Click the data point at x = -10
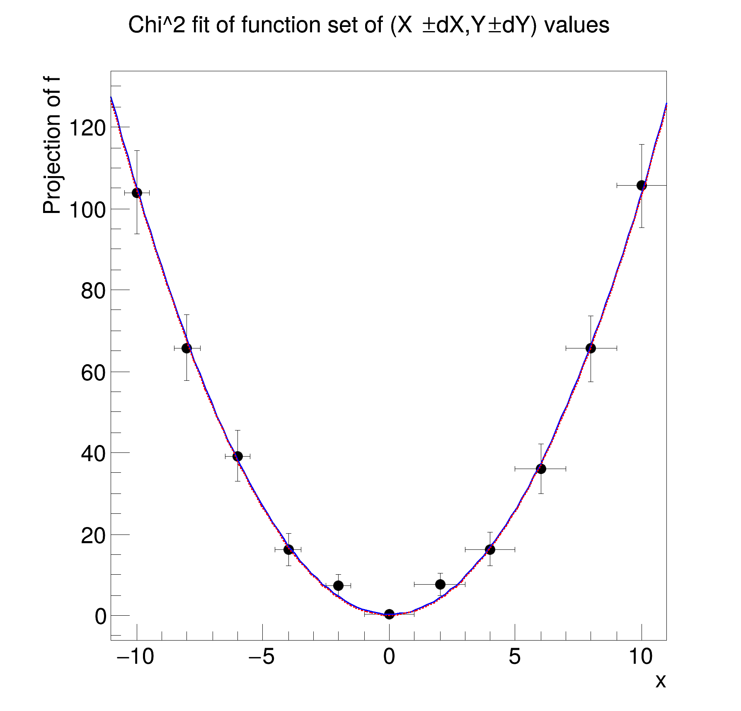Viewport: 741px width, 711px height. [x=137, y=193]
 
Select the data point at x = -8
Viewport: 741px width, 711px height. [x=187, y=348]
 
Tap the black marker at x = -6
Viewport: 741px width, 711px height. [x=237, y=456]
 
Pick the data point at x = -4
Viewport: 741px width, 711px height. [x=288, y=549]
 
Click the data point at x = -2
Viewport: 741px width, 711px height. [x=338, y=585]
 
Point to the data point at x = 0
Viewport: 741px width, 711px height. [x=389, y=614]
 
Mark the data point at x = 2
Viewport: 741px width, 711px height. [x=440, y=584]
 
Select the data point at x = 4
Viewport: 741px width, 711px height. [x=490, y=549]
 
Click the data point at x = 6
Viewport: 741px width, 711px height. [x=541, y=469]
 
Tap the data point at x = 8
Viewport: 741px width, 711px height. [x=591, y=348]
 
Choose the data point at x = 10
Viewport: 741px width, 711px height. [x=642, y=185]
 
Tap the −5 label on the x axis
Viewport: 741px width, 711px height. [x=262, y=656]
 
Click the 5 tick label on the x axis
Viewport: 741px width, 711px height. [x=515, y=656]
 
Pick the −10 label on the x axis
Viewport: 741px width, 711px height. [x=136, y=656]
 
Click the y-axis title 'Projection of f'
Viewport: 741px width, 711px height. [x=52, y=145]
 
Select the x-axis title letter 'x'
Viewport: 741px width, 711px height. [x=661, y=681]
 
